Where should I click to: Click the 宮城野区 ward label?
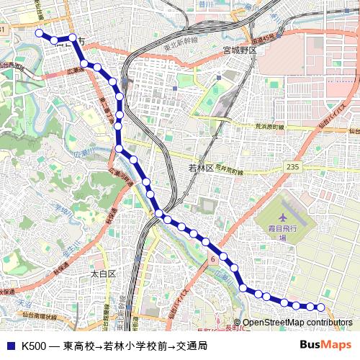(240, 50)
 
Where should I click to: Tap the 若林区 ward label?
(201, 168)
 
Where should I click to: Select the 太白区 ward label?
(104, 274)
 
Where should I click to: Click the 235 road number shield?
(292, 166)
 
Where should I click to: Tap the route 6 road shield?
(214, 258)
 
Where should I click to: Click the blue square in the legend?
(10, 346)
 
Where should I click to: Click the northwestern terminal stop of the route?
(39, 33)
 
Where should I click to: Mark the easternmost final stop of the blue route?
(322, 307)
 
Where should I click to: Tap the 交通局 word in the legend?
(192, 346)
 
